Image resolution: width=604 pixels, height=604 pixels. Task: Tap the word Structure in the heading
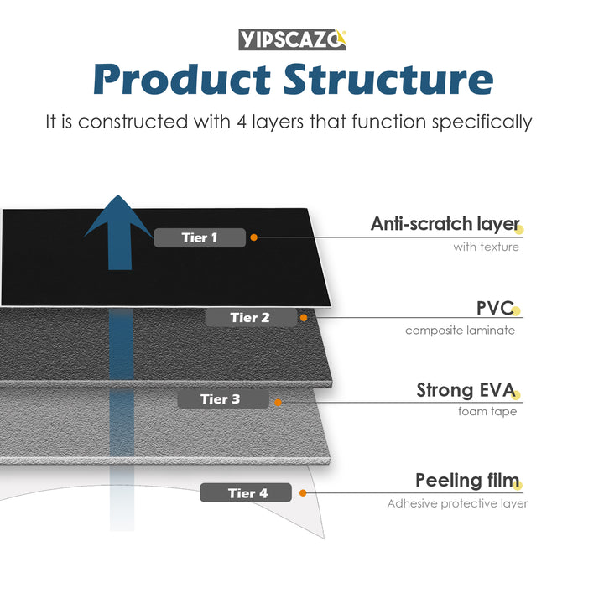click(x=388, y=80)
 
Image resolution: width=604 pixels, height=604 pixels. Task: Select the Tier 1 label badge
click(x=200, y=237)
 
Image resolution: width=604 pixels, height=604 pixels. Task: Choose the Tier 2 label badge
click(x=250, y=318)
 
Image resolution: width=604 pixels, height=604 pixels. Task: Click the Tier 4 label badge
click(x=246, y=493)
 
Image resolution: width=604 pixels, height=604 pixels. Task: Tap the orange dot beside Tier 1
click(x=254, y=237)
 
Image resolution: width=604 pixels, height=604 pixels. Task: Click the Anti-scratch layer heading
click(x=445, y=224)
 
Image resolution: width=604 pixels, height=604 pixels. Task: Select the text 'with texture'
click(x=486, y=247)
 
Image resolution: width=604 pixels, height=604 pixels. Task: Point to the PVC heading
click(x=494, y=308)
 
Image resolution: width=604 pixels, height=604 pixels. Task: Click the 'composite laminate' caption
click(x=460, y=331)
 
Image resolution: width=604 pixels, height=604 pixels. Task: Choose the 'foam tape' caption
click(x=487, y=412)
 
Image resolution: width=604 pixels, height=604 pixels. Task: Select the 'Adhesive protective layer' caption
click(x=457, y=503)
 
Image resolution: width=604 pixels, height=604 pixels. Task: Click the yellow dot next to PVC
click(x=517, y=311)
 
